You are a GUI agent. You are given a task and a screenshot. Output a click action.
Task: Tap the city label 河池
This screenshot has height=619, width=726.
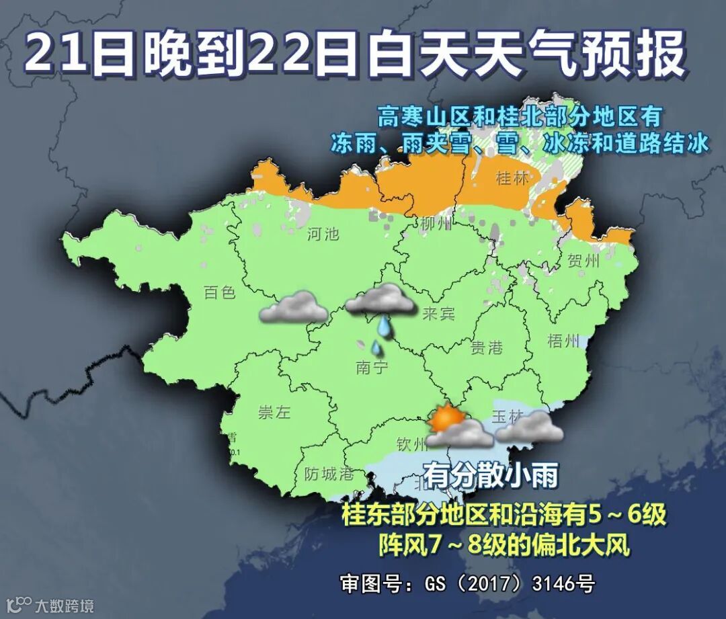323,235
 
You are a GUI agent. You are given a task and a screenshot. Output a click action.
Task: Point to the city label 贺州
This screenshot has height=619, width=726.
583,261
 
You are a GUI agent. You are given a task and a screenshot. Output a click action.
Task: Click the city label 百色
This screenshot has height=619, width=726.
220,292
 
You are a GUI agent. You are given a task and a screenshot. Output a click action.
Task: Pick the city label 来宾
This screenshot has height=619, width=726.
439,314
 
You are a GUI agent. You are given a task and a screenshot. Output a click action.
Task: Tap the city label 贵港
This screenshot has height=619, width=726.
486,347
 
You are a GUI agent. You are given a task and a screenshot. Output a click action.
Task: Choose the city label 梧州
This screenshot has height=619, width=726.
563,341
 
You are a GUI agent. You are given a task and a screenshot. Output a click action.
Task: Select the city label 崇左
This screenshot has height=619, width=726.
274,413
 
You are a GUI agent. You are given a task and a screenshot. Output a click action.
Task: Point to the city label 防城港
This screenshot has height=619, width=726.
328,474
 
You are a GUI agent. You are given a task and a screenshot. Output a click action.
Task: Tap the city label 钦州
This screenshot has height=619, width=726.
411,444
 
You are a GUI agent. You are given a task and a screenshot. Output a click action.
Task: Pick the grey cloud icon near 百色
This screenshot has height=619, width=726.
294,307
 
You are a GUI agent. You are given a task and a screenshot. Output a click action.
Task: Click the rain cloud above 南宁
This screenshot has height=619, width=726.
380,300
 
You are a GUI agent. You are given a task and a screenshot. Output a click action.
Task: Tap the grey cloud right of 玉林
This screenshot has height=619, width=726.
531,427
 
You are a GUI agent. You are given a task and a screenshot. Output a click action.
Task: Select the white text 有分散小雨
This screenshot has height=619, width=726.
491,476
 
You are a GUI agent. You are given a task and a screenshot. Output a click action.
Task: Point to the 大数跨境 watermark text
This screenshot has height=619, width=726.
65,605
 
